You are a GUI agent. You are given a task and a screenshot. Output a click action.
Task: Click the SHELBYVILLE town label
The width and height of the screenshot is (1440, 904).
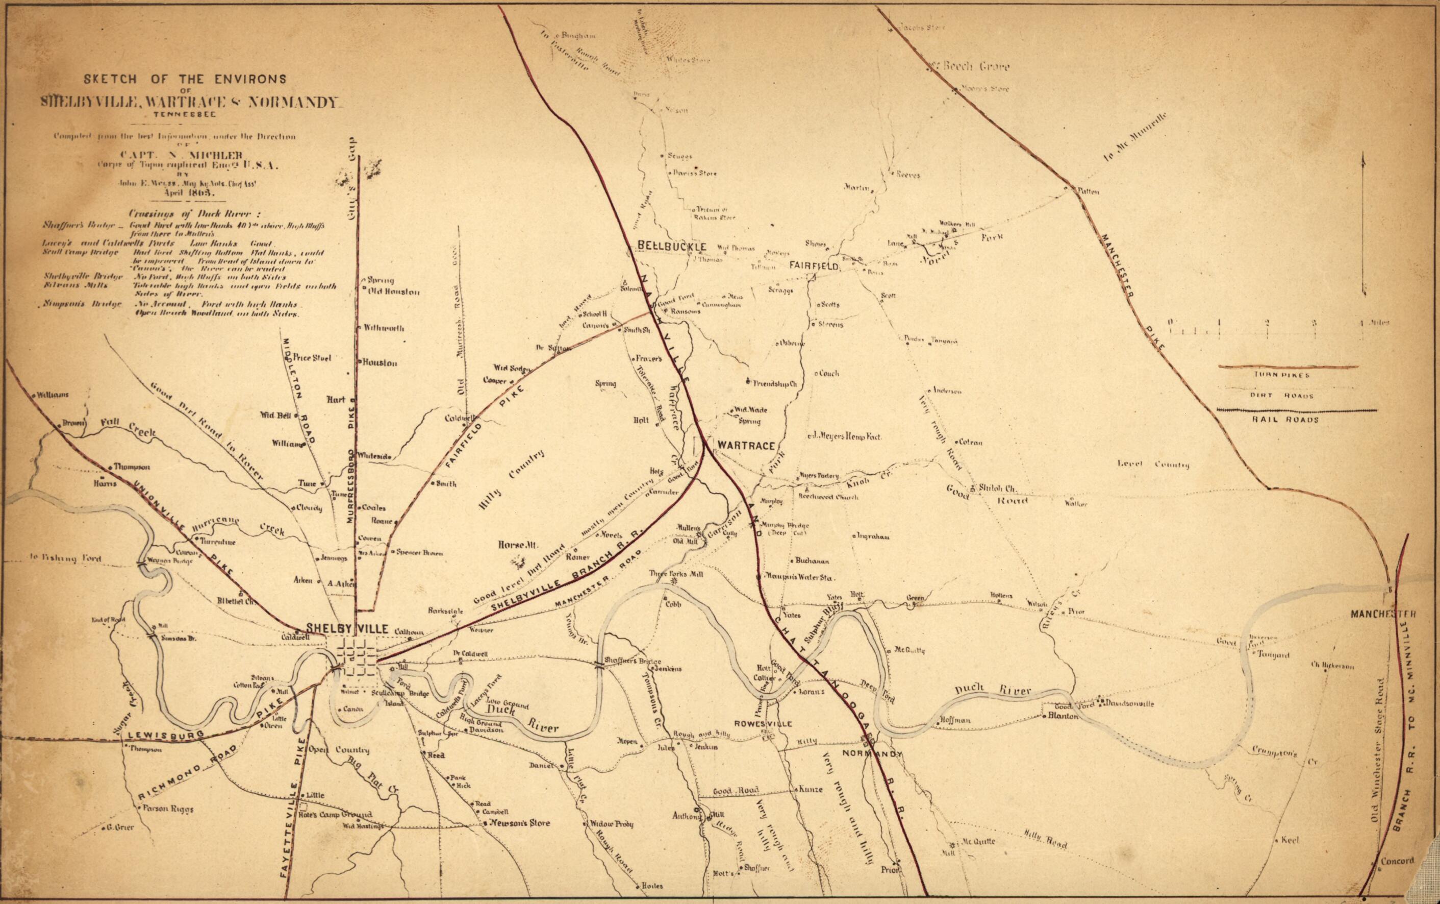click(347, 628)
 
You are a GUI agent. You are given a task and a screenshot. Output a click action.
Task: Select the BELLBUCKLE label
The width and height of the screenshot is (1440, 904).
click(672, 247)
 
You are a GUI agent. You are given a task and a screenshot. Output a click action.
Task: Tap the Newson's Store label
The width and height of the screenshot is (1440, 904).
click(519, 823)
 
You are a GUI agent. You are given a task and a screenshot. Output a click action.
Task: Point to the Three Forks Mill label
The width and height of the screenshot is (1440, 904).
click(676, 573)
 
